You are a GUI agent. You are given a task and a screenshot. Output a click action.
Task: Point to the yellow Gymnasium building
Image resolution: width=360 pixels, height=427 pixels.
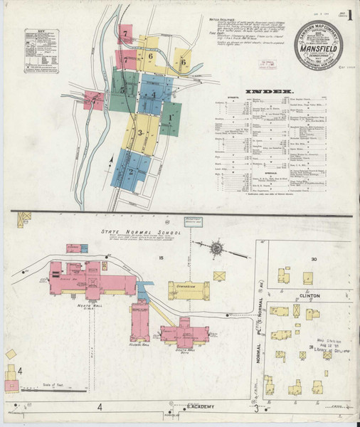tap(189, 290)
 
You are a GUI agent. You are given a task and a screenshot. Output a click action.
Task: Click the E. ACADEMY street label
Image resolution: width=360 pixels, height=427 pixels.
tap(191, 407)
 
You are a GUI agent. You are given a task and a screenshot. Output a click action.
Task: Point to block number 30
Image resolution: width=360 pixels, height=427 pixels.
tap(313, 260)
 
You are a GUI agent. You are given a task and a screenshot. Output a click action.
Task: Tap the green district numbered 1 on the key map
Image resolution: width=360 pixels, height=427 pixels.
tap(171, 116)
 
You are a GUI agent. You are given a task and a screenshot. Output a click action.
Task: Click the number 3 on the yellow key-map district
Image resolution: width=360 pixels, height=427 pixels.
tap(140, 132)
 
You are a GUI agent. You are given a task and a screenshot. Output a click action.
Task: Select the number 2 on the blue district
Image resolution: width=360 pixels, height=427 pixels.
tap(130, 172)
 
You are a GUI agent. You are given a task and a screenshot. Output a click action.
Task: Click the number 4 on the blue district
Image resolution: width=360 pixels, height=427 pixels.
tap(152, 95)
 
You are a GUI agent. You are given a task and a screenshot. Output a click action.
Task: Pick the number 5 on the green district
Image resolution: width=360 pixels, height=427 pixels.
tap(122, 91)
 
